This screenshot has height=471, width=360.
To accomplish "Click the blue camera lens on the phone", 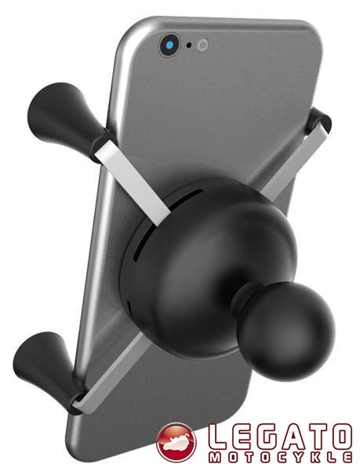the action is [169, 46].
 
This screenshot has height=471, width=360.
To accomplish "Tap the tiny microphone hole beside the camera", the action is [189, 46].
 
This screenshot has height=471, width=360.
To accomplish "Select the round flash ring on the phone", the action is [203, 46].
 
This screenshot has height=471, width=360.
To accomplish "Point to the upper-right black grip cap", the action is [319, 122].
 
